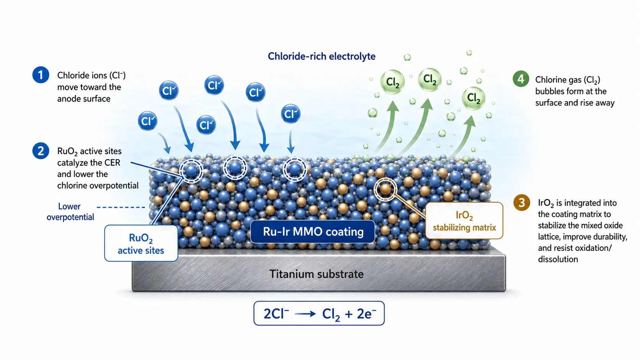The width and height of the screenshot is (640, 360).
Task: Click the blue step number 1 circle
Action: point(41,75)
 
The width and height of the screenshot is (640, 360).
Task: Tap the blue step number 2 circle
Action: point(41,151)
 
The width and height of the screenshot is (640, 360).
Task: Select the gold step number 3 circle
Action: point(522,202)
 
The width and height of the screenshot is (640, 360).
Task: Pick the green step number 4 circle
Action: point(521,78)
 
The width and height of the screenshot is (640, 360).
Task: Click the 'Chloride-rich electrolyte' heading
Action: point(322,56)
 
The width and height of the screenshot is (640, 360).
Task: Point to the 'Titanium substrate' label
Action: point(316,274)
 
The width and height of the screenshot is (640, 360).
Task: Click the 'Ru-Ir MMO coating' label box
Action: point(313,231)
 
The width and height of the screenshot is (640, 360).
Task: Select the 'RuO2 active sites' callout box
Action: point(141,243)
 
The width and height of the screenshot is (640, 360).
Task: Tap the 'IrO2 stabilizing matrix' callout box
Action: point(464,220)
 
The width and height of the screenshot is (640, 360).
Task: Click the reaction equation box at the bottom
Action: point(319,313)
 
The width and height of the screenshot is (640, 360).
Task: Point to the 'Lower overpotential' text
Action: point(70,212)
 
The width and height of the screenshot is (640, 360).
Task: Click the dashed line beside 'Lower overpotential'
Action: point(121,207)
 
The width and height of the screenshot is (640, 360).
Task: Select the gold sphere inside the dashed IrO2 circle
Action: point(385,189)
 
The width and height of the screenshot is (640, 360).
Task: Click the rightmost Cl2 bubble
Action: point(473,98)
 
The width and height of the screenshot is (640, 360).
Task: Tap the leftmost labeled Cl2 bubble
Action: point(392,82)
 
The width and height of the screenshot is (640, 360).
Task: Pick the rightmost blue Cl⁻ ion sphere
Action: point(291,114)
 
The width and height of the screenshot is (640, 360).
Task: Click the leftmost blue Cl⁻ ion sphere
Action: point(147,121)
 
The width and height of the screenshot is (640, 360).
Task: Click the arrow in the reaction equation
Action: point(305,314)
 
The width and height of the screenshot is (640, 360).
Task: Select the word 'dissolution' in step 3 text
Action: point(558,259)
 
